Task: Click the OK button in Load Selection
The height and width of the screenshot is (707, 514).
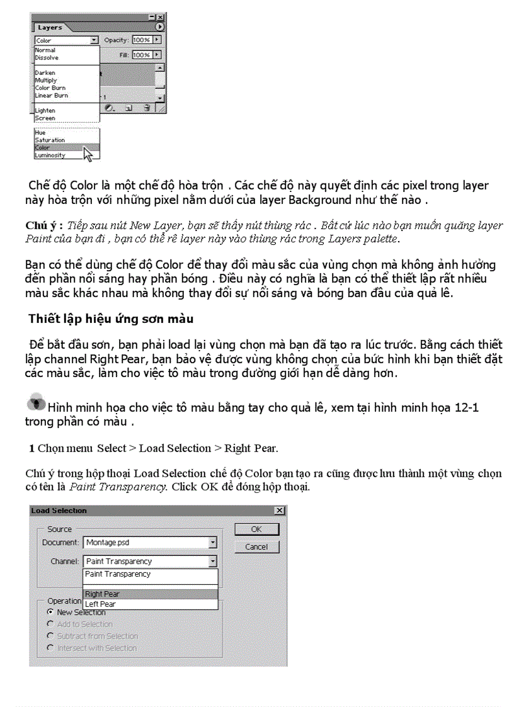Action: (256, 529)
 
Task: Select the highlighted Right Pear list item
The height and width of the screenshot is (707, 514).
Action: (150, 594)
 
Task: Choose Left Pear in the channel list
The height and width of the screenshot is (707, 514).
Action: (150, 604)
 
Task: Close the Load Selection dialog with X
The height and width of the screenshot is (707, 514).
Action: (279, 511)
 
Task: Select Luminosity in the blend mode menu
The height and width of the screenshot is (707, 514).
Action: (50, 155)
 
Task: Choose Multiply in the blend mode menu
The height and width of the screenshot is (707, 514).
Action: (46, 80)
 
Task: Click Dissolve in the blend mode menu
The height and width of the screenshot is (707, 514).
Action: (47, 57)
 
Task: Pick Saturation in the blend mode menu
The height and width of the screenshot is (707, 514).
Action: (50, 140)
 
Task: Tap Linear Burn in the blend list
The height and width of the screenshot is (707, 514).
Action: (52, 95)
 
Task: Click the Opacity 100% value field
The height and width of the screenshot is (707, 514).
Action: (142, 40)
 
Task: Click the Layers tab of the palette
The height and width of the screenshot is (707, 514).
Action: (50, 28)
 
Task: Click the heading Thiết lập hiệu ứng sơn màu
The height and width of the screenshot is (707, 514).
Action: (110, 319)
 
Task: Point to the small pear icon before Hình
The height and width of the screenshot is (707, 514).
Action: (36, 404)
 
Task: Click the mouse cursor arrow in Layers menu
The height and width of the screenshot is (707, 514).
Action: (88, 153)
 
